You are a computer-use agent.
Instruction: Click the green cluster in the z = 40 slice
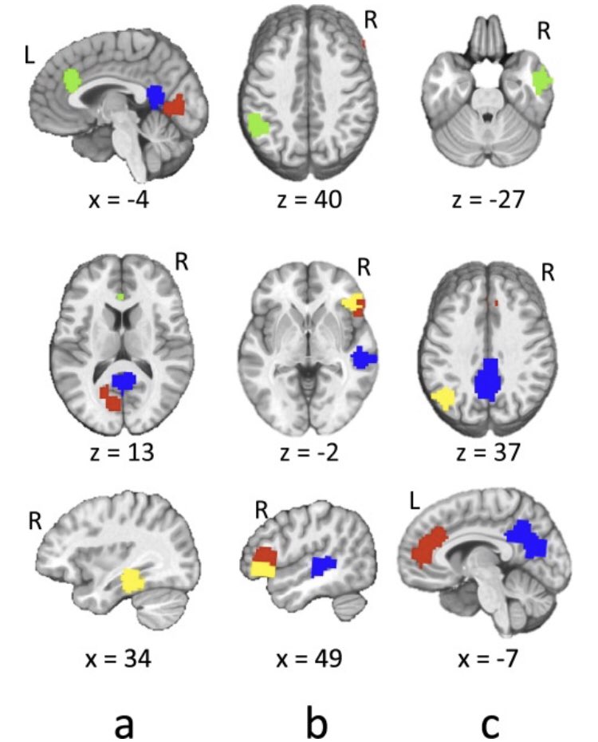click(258, 126)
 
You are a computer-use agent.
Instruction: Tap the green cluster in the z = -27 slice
click(542, 81)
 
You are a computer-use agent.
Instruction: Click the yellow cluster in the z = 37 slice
click(442, 397)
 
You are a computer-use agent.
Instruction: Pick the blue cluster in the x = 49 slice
click(323, 566)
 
